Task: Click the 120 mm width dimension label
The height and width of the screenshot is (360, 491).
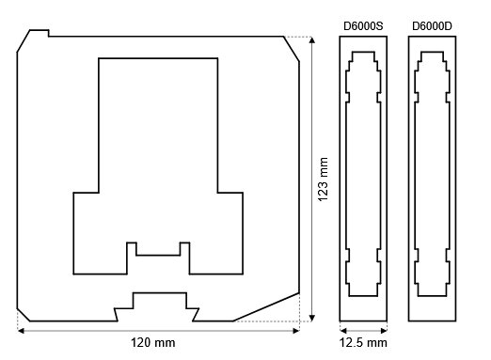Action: [152, 343]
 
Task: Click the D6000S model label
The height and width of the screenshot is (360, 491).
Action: [362, 23]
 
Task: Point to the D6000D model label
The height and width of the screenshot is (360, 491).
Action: [434, 23]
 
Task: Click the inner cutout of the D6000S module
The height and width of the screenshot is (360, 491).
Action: [362, 179]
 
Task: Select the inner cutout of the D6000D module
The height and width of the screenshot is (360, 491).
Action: [434, 179]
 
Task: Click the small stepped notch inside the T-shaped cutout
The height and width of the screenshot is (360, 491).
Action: [158, 248]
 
